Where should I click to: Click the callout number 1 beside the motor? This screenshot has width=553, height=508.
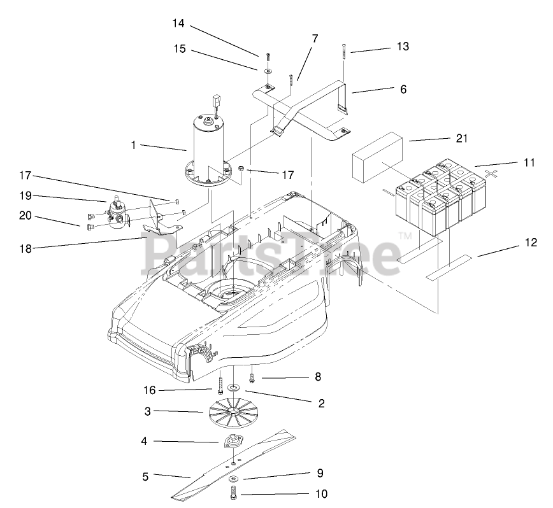coord(134,145)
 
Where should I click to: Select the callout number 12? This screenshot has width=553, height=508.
coord(531,243)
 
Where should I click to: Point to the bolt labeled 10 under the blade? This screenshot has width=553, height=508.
coord(233,493)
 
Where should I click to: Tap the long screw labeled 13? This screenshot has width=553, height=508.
coord(344,51)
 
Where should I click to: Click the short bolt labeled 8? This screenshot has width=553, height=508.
coord(252,377)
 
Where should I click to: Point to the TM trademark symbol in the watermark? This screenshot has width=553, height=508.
coord(406,236)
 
